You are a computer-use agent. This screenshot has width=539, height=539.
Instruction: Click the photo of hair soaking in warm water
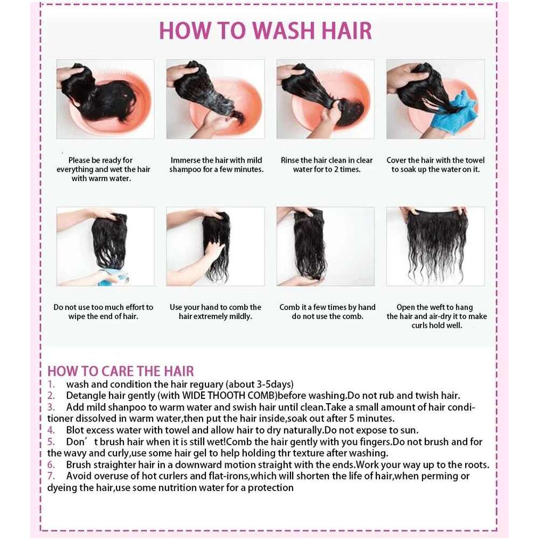[106, 99]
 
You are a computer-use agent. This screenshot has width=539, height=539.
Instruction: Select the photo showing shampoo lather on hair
[216, 99]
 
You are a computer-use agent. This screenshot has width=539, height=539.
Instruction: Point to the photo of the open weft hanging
[436, 246]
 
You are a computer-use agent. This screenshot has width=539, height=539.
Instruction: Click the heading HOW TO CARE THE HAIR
[121, 371]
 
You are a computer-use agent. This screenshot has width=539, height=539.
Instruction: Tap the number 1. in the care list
[51, 384]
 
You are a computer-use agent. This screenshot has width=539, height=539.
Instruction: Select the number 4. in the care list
[51, 430]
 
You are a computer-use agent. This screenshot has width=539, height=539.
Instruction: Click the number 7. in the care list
[51, 476]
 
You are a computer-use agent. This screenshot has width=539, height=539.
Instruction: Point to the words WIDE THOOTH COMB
[229, 396]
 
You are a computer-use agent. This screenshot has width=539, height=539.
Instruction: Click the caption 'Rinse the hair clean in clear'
[327, 160]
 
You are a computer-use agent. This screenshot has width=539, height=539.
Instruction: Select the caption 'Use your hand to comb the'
[216, 307]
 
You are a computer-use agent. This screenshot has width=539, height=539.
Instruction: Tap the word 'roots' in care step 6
[475, 465]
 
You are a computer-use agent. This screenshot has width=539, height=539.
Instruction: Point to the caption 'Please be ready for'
[100, 160]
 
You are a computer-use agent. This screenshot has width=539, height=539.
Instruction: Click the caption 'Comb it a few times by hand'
[327, 307]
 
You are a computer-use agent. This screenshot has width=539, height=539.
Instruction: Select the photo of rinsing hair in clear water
[326, 99]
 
